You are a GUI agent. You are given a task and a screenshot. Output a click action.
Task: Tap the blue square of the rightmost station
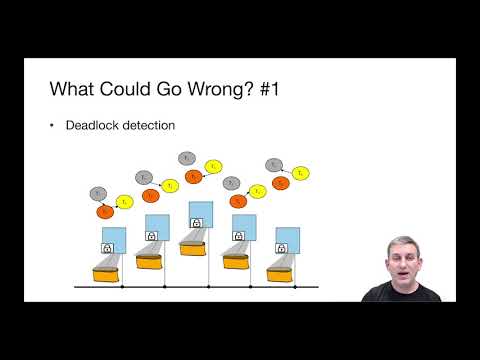coord(285,231)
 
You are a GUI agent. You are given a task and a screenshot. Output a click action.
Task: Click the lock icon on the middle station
coord(196,223)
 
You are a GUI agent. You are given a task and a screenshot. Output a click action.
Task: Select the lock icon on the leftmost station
coord(107,246)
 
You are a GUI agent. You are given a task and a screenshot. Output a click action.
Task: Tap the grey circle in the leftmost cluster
coord(97,193)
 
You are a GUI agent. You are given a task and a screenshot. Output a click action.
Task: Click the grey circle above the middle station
coord(186,157)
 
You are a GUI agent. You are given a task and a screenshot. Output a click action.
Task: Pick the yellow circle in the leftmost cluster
coord(125,201)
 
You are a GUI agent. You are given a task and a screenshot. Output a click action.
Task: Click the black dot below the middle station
coord(209,288)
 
